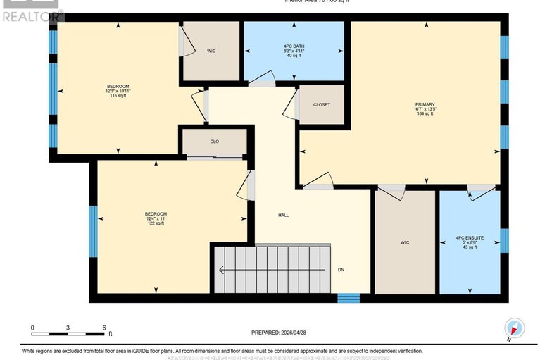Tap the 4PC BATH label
(294, 46)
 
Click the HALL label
(283, 215)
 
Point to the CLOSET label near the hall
(322, 105)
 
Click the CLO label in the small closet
(215, 142)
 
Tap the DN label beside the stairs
(341, 270)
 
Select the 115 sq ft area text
(117, 96)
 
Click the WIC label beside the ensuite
(405, 242)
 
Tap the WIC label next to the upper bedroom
(211, 51)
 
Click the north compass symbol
(515, 328)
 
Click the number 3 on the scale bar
(68, 328)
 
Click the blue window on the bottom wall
(349, 298)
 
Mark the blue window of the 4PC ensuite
(504, 240)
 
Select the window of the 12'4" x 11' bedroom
(93, 231)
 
